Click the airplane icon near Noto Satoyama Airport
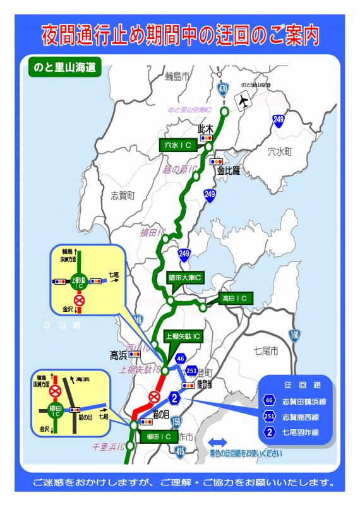click(x=242, y=100)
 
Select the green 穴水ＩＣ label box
click(x=178, y=145)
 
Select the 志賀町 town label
click(x=123, y=196)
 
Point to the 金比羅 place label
click(x=229, y=170)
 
